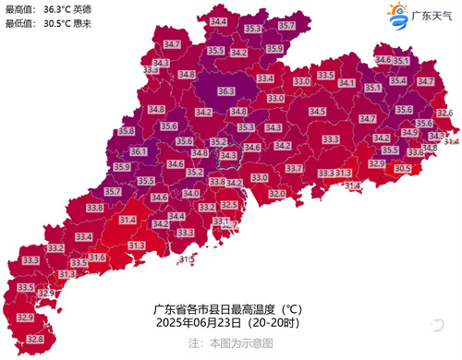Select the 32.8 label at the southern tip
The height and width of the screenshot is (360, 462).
[35, 339]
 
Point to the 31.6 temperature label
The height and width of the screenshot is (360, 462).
[97, 258]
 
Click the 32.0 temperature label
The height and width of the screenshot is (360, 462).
[277, 194]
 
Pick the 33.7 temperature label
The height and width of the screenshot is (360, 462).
[294, 169]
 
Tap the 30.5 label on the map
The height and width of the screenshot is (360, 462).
[403, 169]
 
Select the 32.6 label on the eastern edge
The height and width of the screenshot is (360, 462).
[444, 113]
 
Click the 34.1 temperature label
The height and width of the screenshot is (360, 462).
[347, 83]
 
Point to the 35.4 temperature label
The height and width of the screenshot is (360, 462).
[398, 80]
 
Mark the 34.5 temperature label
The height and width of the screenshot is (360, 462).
[317, 112]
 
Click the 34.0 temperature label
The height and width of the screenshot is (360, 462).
[191, 193]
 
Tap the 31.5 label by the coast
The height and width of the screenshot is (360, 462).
[187, 260]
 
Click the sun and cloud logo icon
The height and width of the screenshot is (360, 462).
[397, 15]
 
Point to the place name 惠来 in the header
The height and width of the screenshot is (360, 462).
[94, 24]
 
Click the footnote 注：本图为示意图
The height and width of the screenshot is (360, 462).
[231, 342]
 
